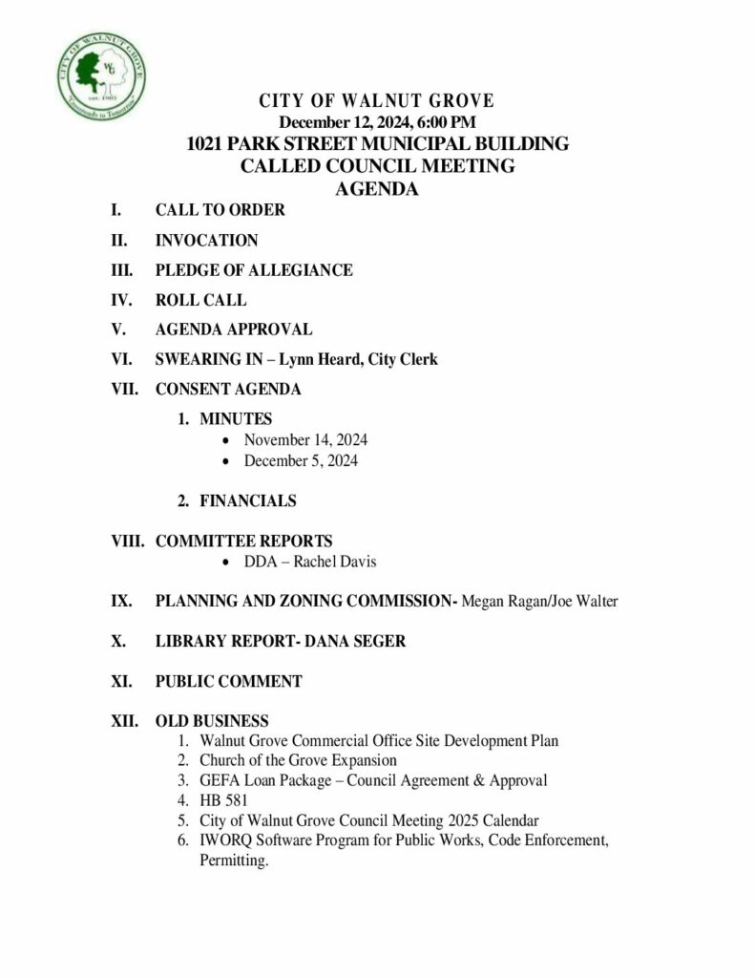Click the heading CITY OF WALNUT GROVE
(x=376, y=101)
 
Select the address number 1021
(x=208, y=144)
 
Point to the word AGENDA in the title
(x=377, y=189)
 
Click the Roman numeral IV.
(x=121, y=300)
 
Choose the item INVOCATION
(x=206, y=241)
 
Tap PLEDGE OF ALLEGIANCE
(x=254, y=270)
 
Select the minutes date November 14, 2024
(x=305, y=440)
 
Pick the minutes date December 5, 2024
(x=301, y=460)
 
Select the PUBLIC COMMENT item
(x=228, y=682)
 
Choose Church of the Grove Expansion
(x=298, y=760)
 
